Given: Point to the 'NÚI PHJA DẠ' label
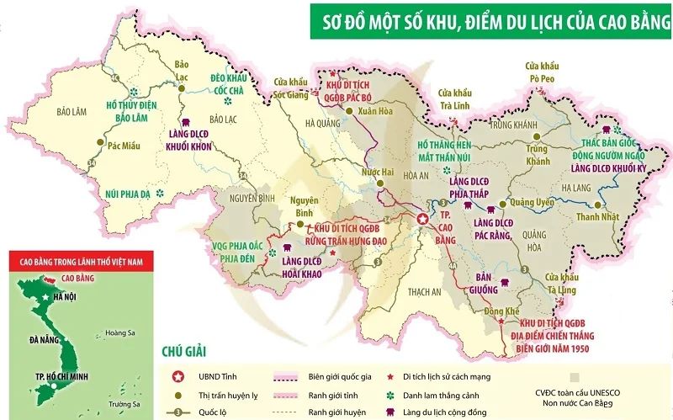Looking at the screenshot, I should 127,194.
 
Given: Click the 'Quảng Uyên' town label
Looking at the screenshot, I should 536,202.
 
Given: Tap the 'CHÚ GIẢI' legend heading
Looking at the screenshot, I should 182,352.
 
